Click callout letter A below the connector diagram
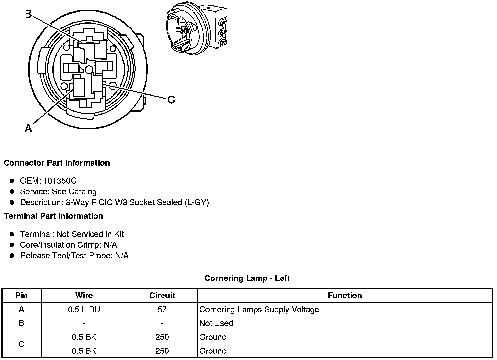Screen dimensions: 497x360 [x=28, y=128]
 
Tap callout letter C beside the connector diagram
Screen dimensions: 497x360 [x=171, y=100]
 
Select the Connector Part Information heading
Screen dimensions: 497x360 [x=57, y=163]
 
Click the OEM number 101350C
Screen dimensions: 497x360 [x=60, y=181]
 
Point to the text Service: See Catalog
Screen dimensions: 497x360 [x=58, y=191]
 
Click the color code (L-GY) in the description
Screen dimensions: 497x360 [x=197, y=202]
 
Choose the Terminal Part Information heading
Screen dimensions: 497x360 [x=54, y=216]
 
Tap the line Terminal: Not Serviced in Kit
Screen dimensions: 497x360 [x=72, y=234]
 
